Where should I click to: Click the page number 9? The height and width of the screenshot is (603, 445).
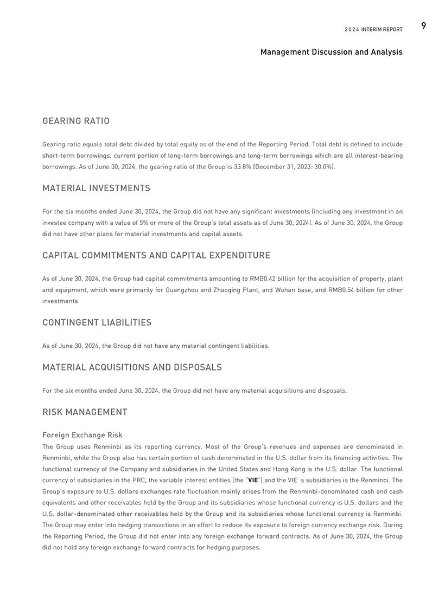(x=423, y=25)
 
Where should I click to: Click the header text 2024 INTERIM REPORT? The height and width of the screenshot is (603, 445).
(x=373, y=29)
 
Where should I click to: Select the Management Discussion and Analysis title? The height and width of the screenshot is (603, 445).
(x=331, y=52)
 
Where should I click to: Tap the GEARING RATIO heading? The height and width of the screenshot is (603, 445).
(x=76, y=121)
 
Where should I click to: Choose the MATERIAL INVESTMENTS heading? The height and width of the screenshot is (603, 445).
(x=96, y=189)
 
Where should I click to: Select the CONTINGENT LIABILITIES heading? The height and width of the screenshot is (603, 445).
(x=97, y=323)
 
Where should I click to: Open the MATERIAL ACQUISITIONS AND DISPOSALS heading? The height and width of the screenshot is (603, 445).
(x=132, y=367)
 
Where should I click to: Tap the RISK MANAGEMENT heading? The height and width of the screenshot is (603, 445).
(x=85, y=412)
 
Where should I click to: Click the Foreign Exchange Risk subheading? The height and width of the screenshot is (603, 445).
(x=82, y=435)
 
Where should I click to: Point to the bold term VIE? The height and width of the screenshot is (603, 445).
(x=253, y=480)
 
